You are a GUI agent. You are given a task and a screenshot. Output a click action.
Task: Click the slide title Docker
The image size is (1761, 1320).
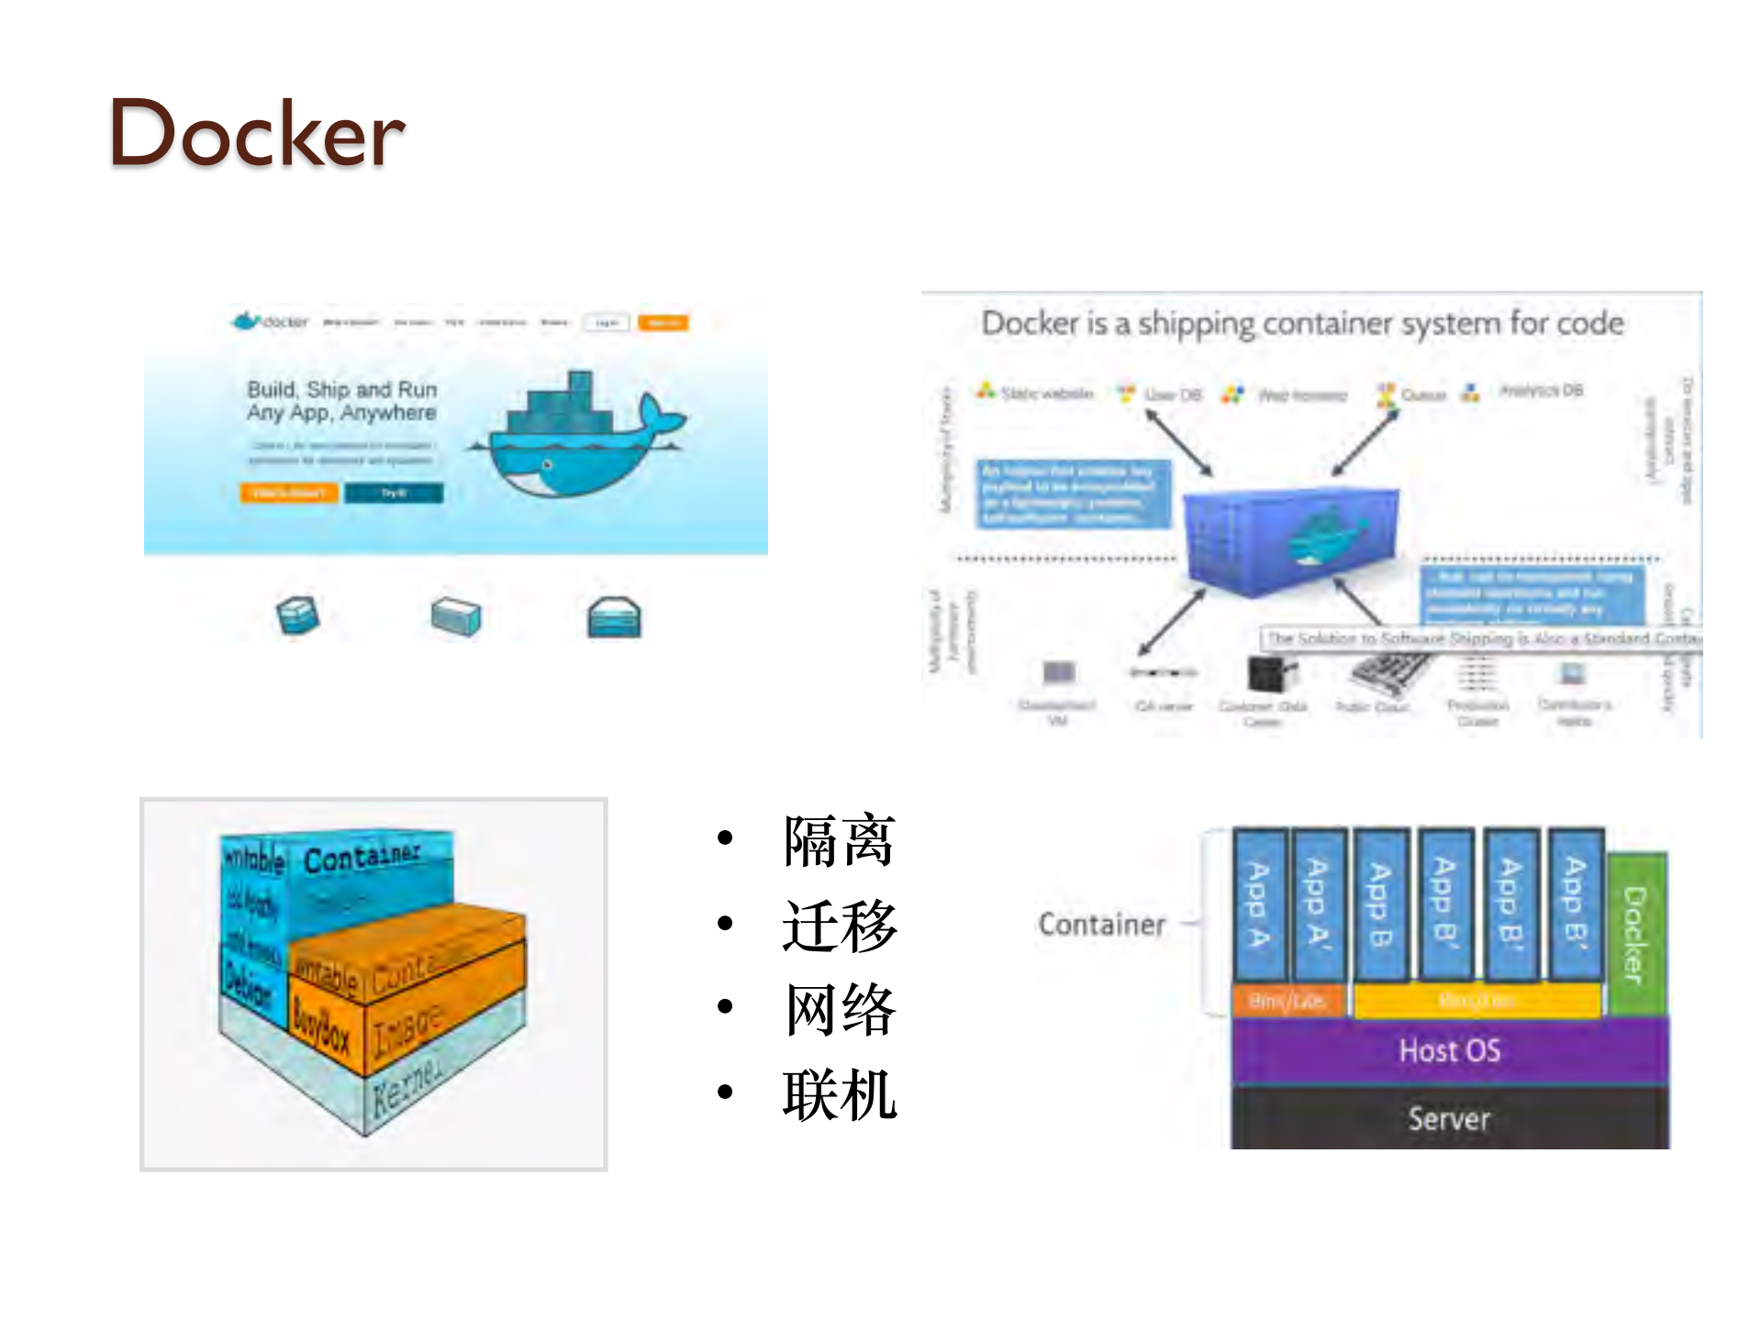257,134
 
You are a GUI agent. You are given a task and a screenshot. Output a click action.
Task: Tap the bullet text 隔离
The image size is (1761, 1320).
839,840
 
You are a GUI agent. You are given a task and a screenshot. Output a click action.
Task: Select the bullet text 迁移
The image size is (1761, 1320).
839,926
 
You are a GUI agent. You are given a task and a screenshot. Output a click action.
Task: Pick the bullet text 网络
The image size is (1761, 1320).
839,1010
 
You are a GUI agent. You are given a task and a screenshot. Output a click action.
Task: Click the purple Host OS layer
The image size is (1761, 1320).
1449,1050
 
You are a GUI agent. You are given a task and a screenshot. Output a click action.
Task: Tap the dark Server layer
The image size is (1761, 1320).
1449,1118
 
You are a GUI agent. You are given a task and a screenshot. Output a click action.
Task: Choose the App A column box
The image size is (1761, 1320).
1259,904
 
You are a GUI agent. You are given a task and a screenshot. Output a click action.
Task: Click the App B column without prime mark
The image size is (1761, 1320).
1380,904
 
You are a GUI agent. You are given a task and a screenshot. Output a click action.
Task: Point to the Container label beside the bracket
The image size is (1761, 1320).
1101,924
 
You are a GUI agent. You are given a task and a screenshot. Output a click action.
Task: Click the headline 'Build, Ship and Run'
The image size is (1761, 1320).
341,390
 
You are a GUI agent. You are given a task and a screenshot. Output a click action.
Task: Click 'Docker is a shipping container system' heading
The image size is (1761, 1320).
1302,323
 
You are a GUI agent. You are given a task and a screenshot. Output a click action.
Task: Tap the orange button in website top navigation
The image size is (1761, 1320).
663,323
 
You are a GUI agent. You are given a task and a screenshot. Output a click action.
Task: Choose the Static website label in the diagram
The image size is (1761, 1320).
1046,394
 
